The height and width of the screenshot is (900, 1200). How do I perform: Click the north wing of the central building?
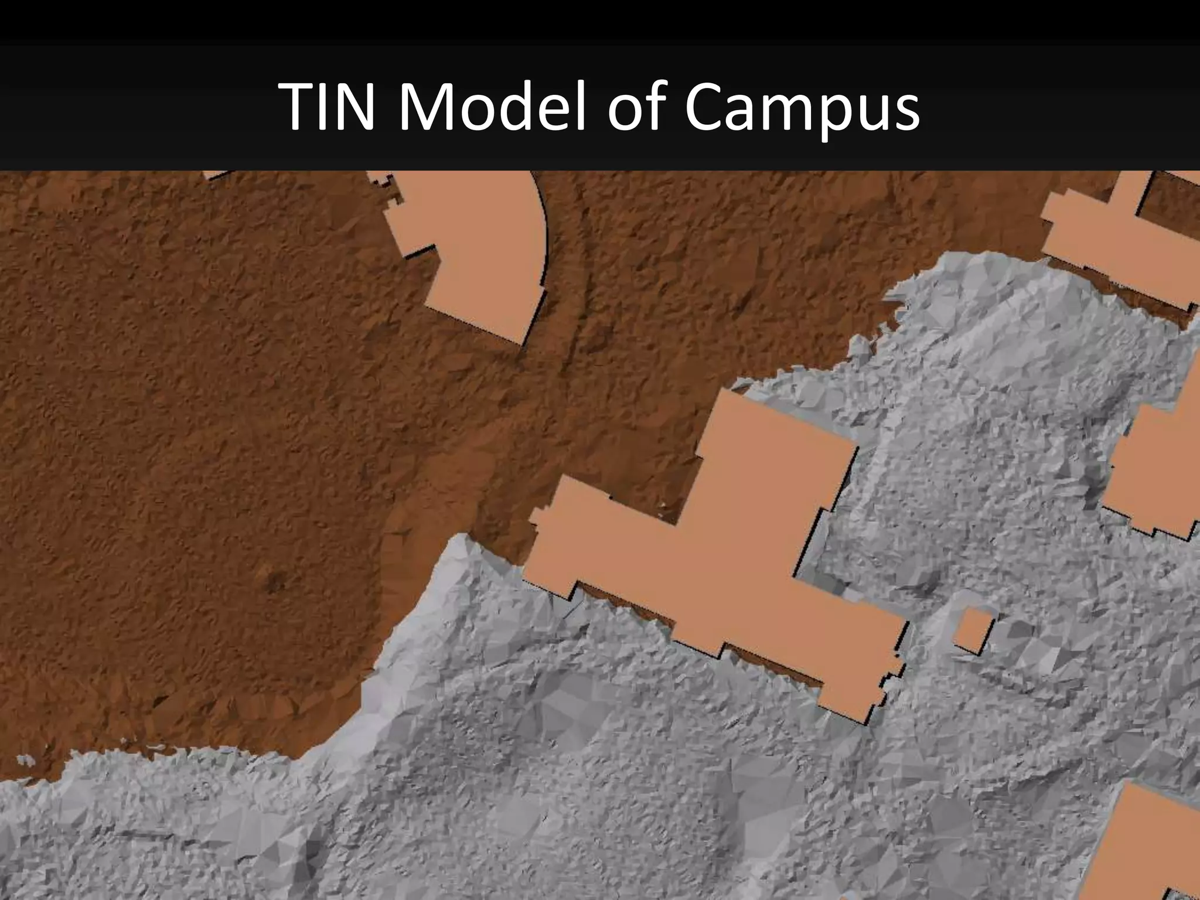773,445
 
